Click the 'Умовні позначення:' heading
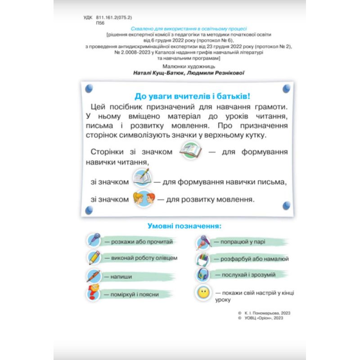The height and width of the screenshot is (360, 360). pyautogui.click(x=185, y=225)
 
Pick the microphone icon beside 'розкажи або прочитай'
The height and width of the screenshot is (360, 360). pyautogui.click(x=94, y=241)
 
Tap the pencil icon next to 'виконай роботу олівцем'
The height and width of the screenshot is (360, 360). pyautogui.click(x=94, y=258)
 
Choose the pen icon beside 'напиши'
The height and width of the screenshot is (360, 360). pyautogui.click(x=94, y=275)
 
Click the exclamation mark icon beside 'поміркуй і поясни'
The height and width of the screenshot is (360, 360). pyautogui.click(x=94, y=293)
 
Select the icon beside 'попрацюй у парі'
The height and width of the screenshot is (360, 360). pyautogui.click(x=203, y=242)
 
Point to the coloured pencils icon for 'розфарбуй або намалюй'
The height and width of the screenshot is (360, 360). pyautogui.click(x=203, y=259)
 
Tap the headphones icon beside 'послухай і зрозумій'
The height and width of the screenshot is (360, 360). pyautogui.click(x=203, y=275)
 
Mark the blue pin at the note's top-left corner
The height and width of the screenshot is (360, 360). pyautogui.click(x=89, y=87)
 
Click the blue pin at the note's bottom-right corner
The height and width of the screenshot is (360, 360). pyautogui.click(x=285, y=206)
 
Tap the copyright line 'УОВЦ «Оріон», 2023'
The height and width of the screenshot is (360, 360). pyautogui.click(x=264, y=318)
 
